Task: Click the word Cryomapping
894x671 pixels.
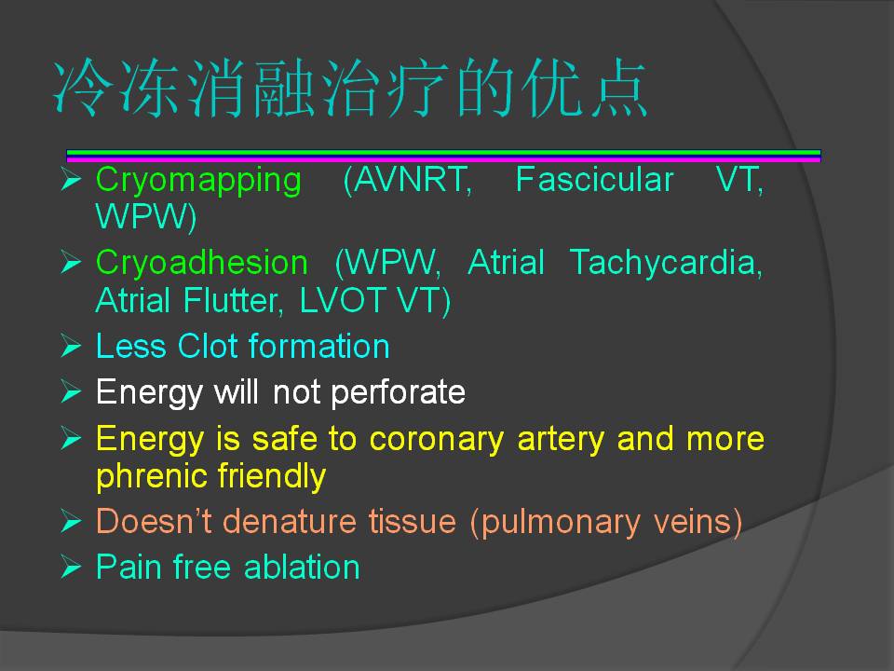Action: click(198, 181)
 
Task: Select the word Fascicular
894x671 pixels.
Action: click(594, 179)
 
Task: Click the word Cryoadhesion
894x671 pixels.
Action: click(202, 263)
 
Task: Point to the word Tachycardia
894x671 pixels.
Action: click(665, 264)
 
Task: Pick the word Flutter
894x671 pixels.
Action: click(233, 300)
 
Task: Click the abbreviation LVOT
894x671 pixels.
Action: click(343, 300)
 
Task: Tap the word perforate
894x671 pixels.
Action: click(398, 393)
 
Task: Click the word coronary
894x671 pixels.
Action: click(437, 440)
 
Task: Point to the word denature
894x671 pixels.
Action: click(291, 522)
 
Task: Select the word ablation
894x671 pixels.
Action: click(302, 568)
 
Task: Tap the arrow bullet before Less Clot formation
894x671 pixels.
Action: click(71, 346)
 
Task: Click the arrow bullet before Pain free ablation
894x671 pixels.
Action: click(71, 568)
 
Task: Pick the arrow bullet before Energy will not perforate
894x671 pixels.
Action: click(71, 392)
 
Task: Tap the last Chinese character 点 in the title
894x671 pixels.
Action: click(618, 89)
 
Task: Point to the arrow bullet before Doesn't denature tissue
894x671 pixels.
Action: click(71, 521)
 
